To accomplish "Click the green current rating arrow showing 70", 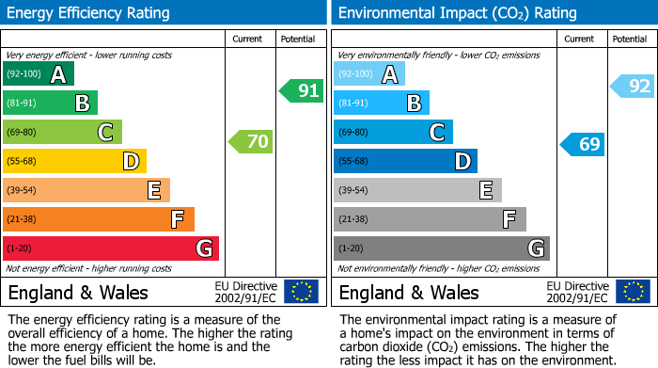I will tap(251, 142).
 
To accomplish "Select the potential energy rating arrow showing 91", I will tap(301, 91).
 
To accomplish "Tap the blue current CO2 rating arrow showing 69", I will tap(583, 144).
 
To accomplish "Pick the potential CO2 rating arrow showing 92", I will tap(633, 87).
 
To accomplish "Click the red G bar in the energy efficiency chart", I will tap(111, 248).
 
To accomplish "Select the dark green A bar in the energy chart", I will tap(38, 73).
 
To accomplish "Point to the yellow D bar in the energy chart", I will tap(74, 161).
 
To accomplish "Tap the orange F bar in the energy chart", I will tap(99, 219).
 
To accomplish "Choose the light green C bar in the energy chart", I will tap(62, 132).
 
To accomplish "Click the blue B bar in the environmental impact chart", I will tap(381, 103).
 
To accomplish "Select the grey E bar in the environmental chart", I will tap(417, 190).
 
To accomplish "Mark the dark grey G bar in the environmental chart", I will tap(441, 248).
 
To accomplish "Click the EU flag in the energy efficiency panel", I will tap(301, 292).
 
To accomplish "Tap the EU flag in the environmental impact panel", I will tap(633, 292).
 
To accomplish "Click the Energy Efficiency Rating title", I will tap(89, 13).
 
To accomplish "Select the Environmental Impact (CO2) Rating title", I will tap(457, 13).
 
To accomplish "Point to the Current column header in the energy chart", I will tap(248, 39).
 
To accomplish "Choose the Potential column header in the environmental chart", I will tap(629, 39).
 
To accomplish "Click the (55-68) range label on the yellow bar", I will tap(23, 162).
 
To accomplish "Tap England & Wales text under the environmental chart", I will tap(409, 293).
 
